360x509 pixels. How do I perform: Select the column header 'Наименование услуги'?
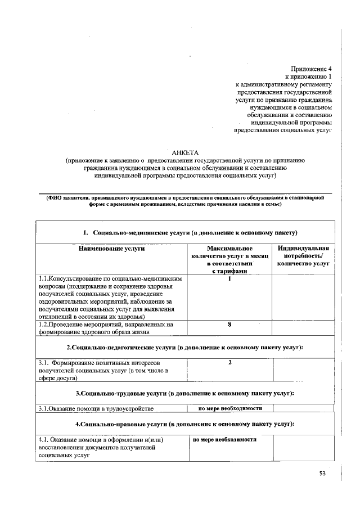click(x=111, y=248)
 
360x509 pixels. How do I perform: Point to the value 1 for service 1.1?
click(x=230, y=278)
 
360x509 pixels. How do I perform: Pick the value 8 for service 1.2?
click(x=230, y=325)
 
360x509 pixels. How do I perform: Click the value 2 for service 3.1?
click(x=230, y=363)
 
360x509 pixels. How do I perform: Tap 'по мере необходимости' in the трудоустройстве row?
click(x=231, y=408)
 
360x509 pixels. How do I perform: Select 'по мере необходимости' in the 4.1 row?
click(x=225, y=439)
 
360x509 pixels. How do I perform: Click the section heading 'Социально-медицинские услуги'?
click(x=190, y=232)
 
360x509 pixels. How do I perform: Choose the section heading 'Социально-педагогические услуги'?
click(x=185, y=347)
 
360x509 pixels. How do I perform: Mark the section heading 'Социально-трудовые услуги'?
click(x=185, y=393)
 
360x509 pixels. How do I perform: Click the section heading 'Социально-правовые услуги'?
click(x=185, y=424)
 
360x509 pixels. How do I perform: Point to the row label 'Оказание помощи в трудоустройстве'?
click(x=96, y=409)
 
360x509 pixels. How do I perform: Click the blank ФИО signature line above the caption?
click(x=185, y=192)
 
